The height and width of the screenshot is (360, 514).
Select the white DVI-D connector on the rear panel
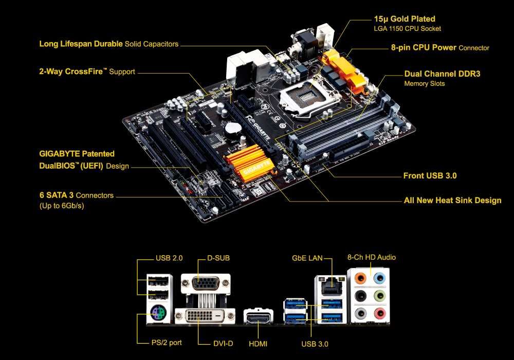pyautogui.click(x=205, y=315)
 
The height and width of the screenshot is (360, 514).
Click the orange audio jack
pyautogui.click(x=361, y=279)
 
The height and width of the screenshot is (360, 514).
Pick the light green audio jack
pyautogui.click(x=379, y=296)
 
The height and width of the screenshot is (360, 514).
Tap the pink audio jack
pyautogui.click(x=379, y=313)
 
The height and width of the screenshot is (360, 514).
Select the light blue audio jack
pyautogui.click(x=379, y=279)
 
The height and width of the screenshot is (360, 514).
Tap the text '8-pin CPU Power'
pyautogui.click(x=424, y=47)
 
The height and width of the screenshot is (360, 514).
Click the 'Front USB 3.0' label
pyautogui.click(x=430, y=176)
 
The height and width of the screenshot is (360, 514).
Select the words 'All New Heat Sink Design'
pyautogui.click(x=452, y=200)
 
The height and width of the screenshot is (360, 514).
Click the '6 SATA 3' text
pyautogui.click(x=57, y=195)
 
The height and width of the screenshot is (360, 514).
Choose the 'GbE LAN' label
pyautogui.click(x=307, y=258)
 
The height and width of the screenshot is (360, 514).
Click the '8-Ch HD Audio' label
pyautogui.click(x=372, y=257)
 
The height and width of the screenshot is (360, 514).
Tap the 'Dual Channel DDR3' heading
pyautogui.click(x=442, y=74)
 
